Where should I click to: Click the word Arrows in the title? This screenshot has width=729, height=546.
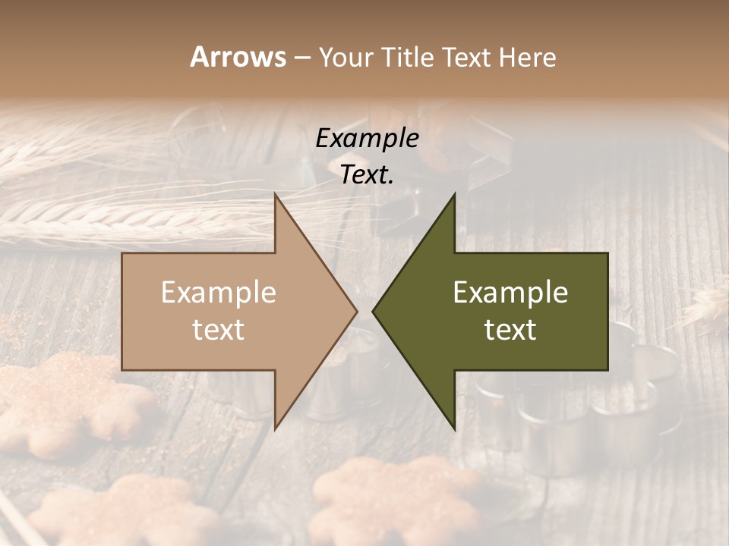237,57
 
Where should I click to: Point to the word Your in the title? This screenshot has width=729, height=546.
344,57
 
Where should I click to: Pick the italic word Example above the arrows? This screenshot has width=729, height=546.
367,138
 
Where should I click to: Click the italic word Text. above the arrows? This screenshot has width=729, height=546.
367,174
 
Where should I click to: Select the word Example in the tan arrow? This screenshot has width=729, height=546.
219,292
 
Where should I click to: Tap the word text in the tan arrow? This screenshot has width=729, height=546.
219,330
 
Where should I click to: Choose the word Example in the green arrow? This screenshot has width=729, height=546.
510,292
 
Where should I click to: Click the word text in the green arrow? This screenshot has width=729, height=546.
510,330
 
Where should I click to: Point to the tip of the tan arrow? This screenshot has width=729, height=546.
356,311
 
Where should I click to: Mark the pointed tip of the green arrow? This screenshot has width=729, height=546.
373,311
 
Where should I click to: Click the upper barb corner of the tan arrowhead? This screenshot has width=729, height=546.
276,195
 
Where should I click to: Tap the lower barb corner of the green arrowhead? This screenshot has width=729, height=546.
454,428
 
